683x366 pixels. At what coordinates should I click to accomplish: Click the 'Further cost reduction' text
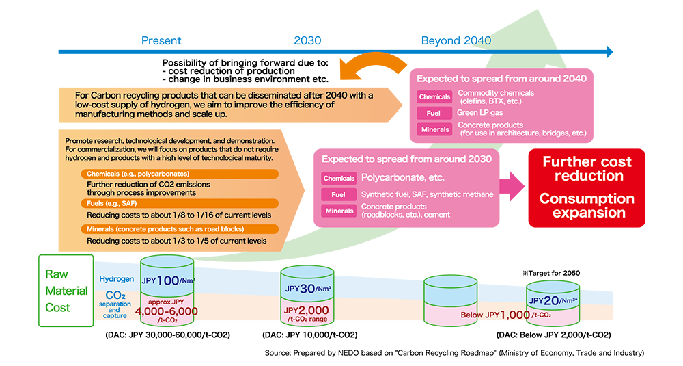(587, 169)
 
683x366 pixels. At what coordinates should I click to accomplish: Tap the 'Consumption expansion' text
(587, 205)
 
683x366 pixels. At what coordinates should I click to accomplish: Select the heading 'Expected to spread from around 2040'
(501, 79)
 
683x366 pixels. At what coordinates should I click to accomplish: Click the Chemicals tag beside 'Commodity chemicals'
(434, 97)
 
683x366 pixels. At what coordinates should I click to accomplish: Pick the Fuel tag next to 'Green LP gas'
(434, 114)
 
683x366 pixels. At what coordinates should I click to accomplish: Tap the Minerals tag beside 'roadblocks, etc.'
(339, 211)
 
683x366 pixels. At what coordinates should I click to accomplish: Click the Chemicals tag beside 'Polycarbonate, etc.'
(339, 179)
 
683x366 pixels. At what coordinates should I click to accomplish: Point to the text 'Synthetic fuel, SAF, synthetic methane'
(427, 194)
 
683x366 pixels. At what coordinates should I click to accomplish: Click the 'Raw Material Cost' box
(66, 291)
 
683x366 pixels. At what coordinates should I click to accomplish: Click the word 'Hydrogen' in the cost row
(117, 280)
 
